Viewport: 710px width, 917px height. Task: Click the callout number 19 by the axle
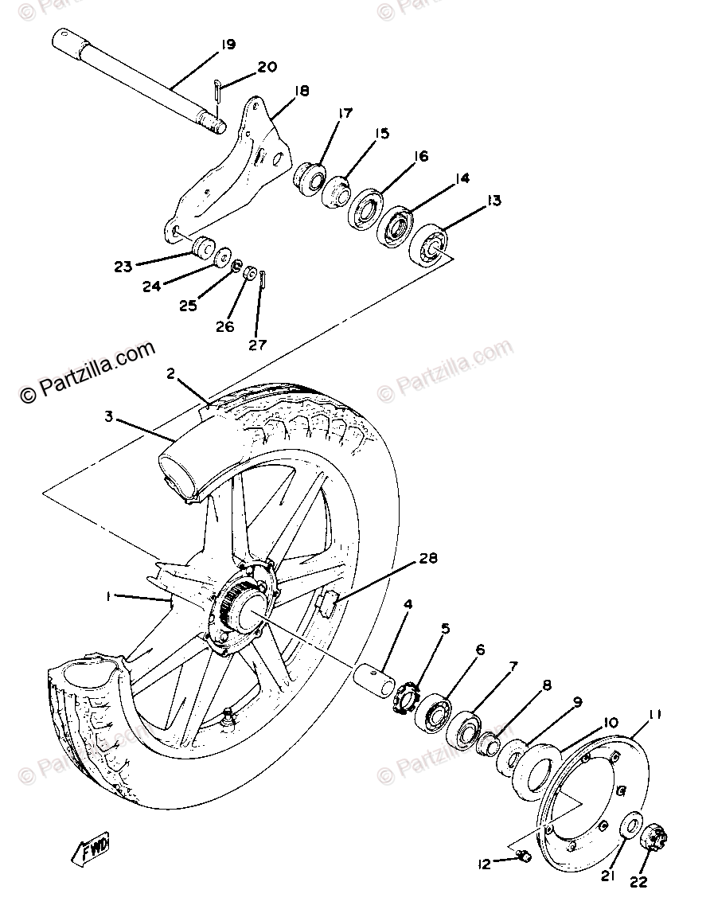(x=228, y=45)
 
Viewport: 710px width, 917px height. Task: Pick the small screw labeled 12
(x=524, y=856)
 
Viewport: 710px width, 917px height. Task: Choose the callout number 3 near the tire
(x=109, y=416)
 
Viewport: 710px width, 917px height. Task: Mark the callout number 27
(x=257, y=345)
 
